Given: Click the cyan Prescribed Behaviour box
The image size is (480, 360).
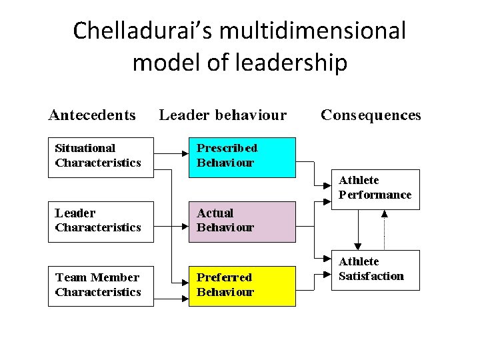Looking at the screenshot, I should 241,157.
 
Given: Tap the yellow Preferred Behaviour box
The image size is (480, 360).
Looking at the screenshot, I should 241,286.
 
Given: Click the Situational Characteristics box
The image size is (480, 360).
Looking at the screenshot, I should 100,157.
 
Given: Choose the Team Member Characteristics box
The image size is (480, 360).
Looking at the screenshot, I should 100,286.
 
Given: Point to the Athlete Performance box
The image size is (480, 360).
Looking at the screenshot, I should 375,189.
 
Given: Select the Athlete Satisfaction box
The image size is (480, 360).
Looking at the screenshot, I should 375,270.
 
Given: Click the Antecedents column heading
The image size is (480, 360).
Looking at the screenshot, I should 92,115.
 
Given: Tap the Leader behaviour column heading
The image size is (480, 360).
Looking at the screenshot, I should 223,115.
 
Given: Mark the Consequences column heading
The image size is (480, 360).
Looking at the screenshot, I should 371,115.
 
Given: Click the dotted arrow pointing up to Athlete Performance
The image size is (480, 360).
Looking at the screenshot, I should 385,230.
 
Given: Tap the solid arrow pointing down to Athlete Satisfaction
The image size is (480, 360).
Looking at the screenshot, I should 359,230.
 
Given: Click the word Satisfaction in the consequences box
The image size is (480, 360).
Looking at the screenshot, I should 371,277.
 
